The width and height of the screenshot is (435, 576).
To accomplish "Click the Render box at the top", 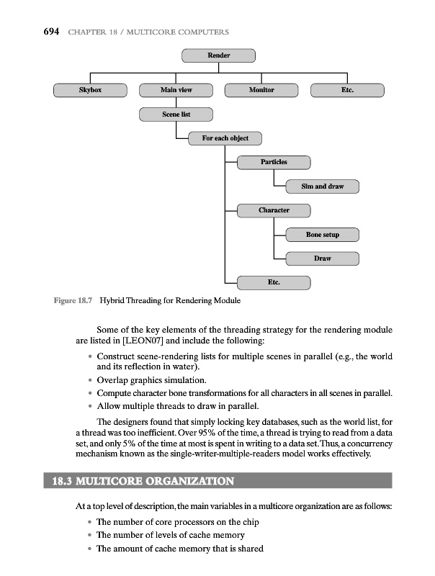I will coord(218,55).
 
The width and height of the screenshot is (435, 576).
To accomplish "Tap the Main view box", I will coord(176,90).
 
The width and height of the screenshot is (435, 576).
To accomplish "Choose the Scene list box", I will coord(176,114).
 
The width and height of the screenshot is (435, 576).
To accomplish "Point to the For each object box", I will coord(225,138).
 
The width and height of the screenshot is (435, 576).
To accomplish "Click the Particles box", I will coord(274,162).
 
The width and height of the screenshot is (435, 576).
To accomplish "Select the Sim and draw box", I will coord(322,186).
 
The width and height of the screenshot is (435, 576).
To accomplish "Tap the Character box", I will coord(274,210).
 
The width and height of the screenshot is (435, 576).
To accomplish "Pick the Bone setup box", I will coord(322,235).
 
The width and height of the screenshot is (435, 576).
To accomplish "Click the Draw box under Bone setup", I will coord(322,258).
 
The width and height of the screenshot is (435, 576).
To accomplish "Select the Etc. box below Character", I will coord(274,282).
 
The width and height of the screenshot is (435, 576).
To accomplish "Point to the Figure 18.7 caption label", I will coord(73,300).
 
